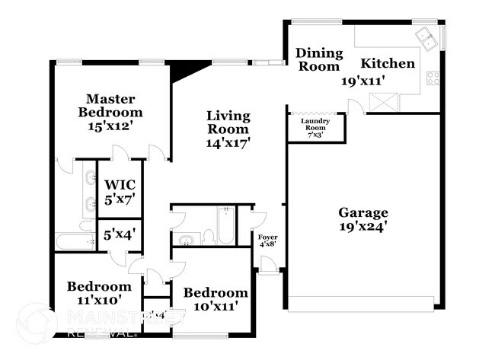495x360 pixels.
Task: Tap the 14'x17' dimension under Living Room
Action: (x=228, y=142)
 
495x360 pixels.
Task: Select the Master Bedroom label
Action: (x=110, y=113)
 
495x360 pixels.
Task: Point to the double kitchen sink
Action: (x=426, y=37)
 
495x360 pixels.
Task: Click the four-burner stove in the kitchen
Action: (x=433, y=77)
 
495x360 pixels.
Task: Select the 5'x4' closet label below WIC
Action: (x=120, y=234)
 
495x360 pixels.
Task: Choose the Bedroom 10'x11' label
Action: (x=216, y=299)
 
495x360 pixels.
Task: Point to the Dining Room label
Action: (x=318, y=59)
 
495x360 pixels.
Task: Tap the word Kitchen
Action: (x=388, y=63)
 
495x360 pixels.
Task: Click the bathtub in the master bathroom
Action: (x=74, y=241)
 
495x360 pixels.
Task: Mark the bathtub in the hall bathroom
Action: (x=226, y=226)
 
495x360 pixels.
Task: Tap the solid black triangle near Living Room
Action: (x=183, y=70)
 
